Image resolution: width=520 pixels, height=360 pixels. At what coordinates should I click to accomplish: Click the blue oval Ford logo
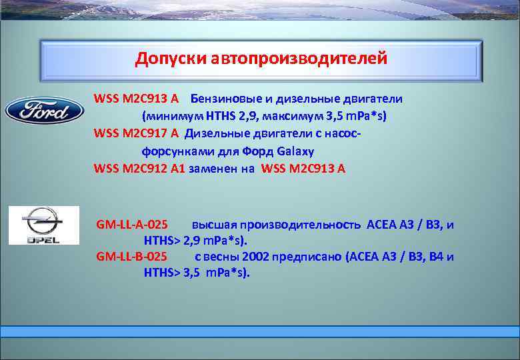pyautogui.click(x=45, y=110)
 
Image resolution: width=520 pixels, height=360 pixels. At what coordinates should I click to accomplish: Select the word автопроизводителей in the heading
pyautogui.click(x=299, y=59)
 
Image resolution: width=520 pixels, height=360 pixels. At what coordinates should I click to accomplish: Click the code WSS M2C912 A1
pyautogui.click(x=139, y=168)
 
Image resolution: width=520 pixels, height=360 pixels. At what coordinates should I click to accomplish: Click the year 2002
pyautogui.click(x=257, y=257)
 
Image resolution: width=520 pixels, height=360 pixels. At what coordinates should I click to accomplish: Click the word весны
pyautogui.click(x=221, y=257)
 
